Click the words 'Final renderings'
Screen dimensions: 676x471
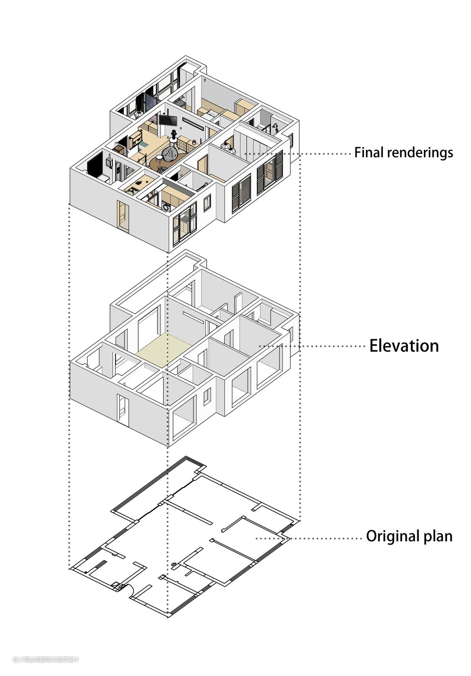point(403,153)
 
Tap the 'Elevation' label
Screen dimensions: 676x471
point(404,346)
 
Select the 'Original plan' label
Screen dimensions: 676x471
point(409,536)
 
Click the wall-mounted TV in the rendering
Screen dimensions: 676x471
point(167,120)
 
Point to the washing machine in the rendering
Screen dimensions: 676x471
point(167,207)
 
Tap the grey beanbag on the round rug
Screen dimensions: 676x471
point(170,153)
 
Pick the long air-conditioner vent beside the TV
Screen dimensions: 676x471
point(192,123)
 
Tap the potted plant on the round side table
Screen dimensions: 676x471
point(174,134)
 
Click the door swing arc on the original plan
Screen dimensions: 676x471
point(130,590)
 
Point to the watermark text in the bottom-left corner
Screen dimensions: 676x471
point(45,659)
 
